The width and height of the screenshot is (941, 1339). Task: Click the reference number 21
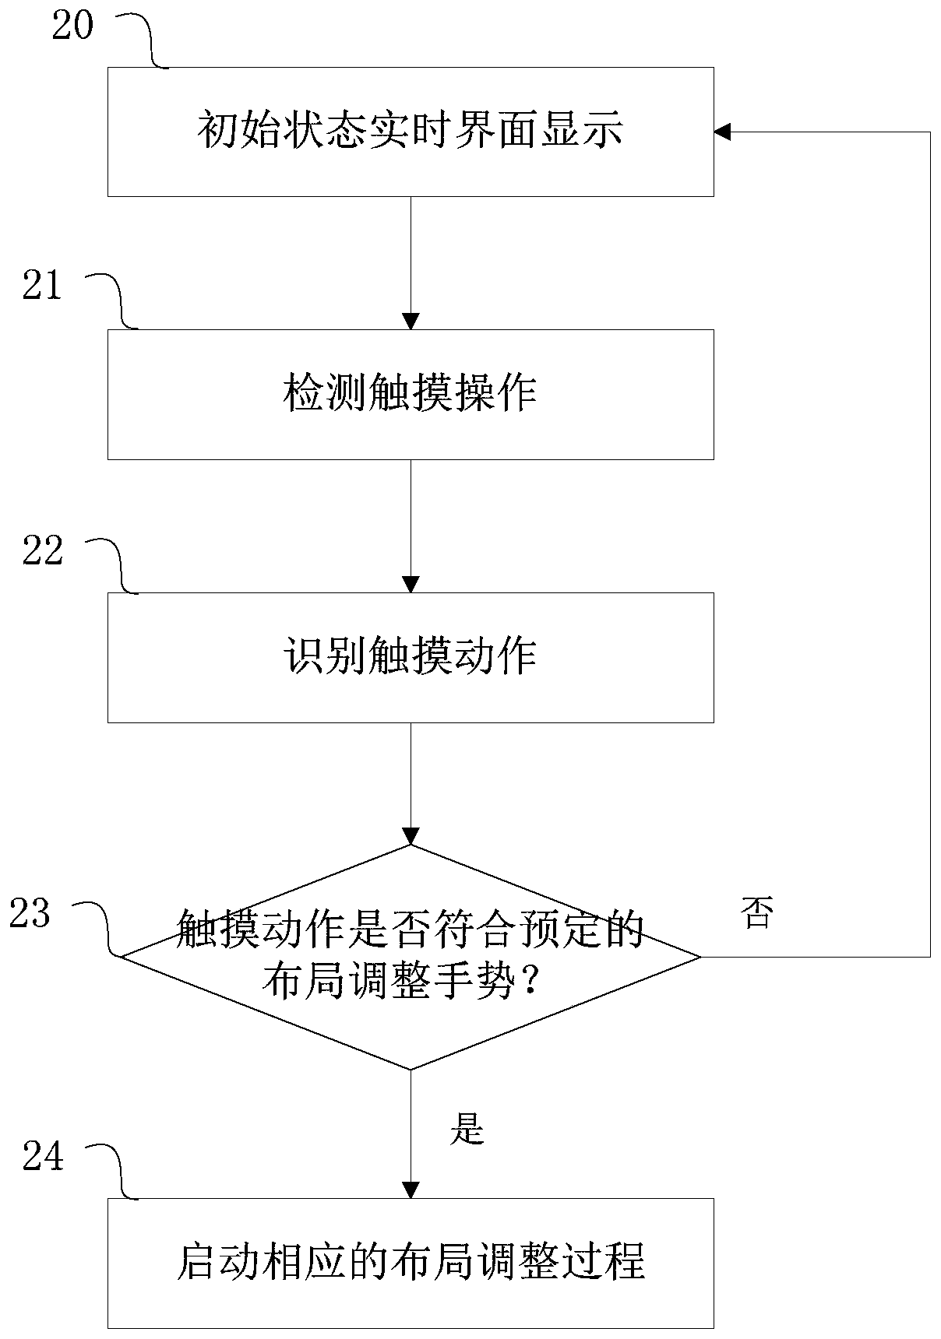click(42, 286)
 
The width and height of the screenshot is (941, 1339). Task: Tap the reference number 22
click(42, 551)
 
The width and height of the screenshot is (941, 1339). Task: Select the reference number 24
click(42, 1158)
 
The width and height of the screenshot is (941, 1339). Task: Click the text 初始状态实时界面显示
click(410, 130)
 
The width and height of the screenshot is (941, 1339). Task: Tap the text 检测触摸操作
click(410, 393)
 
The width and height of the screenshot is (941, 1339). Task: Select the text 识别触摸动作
click(410, 656)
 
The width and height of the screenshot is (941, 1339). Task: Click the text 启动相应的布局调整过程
click(410, 1262)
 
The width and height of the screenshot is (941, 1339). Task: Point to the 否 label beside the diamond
click(757, 913)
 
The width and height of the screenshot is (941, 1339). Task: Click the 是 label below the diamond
click(467, 1128)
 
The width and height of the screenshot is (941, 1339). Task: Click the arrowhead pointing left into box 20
click(723, 132)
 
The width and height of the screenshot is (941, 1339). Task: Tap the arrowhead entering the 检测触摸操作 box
click(411, 321)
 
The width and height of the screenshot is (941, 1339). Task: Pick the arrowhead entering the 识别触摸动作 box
click(411, 584)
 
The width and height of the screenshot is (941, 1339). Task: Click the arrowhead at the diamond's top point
click(411, 835)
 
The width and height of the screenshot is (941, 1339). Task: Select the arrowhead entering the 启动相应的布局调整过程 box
click(411, 1190)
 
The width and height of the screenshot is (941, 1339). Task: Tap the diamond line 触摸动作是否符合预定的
click(410, 930)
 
